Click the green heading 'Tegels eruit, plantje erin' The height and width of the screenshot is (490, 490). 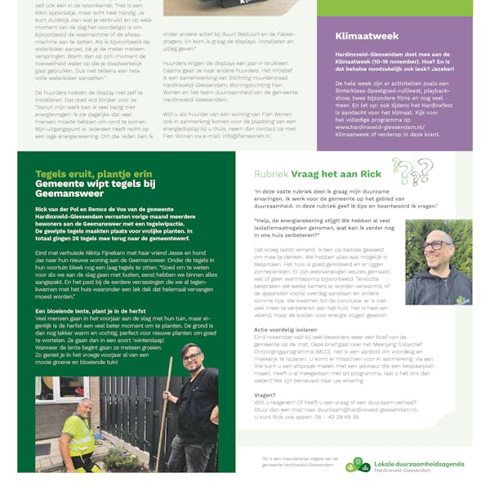point(93,173)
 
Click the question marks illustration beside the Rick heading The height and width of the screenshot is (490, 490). point(412,171)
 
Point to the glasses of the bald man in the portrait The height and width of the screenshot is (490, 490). point(437,245)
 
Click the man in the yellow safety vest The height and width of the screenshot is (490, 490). point(61,429)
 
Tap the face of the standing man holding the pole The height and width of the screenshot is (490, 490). point(190,359)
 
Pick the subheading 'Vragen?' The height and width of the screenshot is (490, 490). point(265,394)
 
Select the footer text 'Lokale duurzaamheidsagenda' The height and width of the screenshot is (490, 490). point(420,462)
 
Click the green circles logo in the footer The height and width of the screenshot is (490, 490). point(358,465)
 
